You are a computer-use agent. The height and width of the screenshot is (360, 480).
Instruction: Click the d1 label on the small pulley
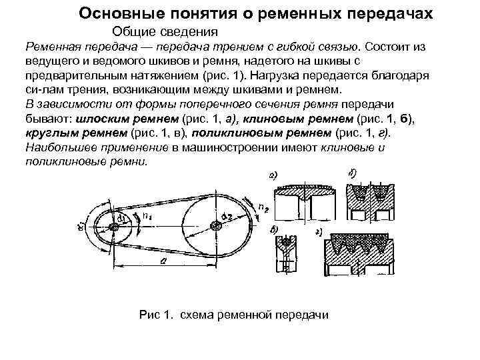[123, 217]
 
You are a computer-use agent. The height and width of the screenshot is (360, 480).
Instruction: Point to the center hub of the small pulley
[115, 227]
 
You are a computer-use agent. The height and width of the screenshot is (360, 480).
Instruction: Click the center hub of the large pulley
[214, 225]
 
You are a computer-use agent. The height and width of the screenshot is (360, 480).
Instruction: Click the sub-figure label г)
[319, 232]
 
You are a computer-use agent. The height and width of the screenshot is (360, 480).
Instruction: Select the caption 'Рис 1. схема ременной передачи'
[233, 314]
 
